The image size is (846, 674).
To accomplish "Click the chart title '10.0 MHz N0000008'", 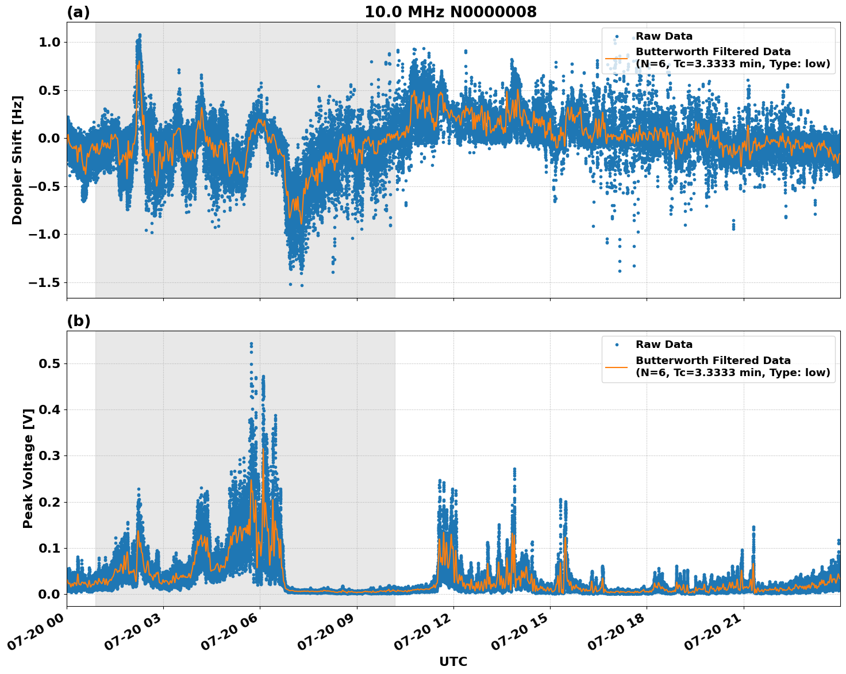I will point(450,12).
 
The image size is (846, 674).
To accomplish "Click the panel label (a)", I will point(78,12).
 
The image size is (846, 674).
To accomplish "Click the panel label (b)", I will point(78,321).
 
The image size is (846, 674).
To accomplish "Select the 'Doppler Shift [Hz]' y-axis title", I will point(17,160).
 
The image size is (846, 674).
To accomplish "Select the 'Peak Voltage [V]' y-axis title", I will point(28,468).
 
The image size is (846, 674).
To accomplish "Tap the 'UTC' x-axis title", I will point(453,661).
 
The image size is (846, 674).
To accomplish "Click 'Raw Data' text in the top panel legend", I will point(664,36).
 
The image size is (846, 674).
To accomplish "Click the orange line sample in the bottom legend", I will point(616,366).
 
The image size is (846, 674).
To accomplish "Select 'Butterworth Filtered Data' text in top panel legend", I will point(713,52).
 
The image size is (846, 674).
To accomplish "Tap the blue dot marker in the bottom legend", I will point(616,344).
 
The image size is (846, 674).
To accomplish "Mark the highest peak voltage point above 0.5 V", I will point(251,344).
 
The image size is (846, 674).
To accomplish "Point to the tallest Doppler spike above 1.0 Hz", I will point(139,35).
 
